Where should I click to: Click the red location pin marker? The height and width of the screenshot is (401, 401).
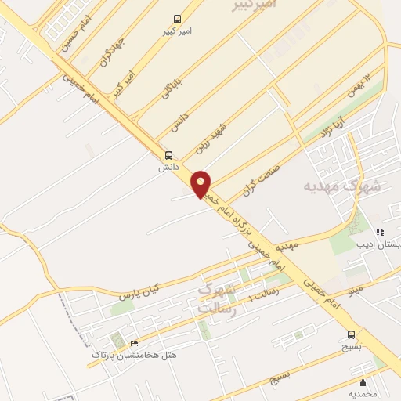201,184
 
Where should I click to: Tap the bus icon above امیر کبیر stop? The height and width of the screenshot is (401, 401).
179,19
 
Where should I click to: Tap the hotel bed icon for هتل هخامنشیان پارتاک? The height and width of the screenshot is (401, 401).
134,343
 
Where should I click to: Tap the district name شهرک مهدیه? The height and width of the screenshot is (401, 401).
342,188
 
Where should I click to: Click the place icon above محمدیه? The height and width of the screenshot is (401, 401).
363,383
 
